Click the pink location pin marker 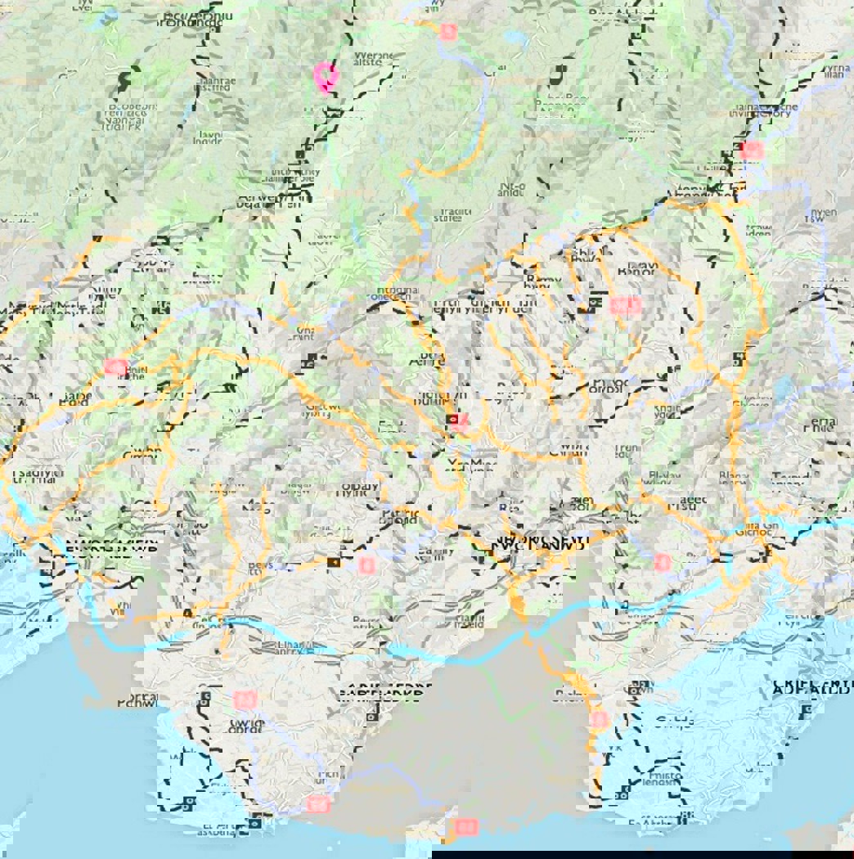(326, 75)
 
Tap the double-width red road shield (626, 306)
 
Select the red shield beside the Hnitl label (115, 367)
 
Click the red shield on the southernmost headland (466, 826)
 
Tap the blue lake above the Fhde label (784, 387)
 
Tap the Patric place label (400, 515)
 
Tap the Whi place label (119, 609)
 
